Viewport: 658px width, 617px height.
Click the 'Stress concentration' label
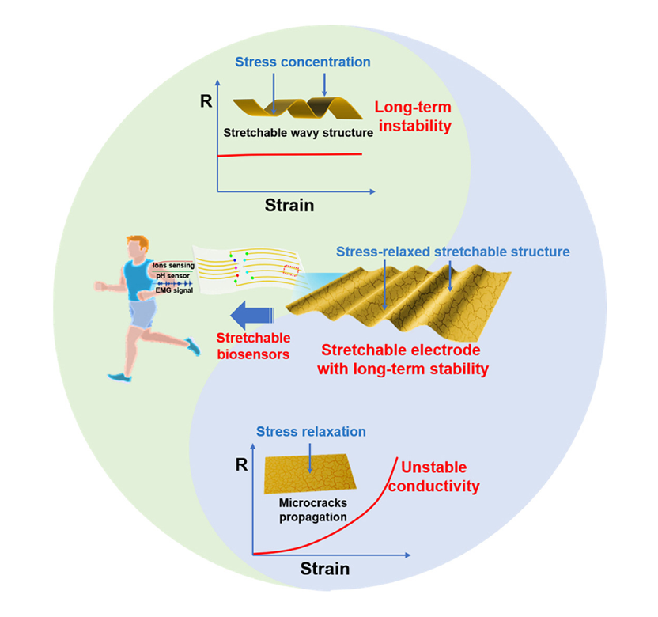tap(304, 61)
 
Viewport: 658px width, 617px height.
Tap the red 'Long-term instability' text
tap(412, 116)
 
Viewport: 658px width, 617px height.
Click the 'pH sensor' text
tap(169, 278)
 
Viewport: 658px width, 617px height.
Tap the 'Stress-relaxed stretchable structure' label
tap(452, 252)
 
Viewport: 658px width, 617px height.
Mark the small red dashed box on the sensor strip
tap(293, 271)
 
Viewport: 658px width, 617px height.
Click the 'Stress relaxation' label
tap(311, 431)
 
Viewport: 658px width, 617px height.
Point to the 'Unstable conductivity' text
tap(439, 476)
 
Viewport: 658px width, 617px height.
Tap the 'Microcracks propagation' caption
tap(312, 509)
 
